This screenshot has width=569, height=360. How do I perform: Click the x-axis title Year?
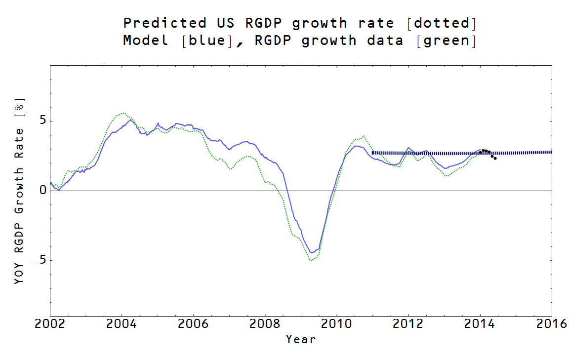pos(300,339)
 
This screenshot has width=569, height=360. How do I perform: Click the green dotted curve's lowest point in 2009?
pos(310,260)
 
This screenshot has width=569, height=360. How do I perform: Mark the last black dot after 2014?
pos(495,158)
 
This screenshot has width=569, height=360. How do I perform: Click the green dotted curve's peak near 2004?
pos(123,113)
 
